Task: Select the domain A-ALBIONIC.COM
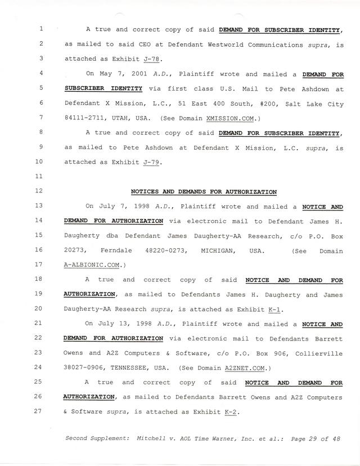[x=94, y=265]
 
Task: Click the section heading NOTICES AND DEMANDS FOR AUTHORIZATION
[x=204, y=191]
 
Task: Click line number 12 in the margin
[x=43, y=191]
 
